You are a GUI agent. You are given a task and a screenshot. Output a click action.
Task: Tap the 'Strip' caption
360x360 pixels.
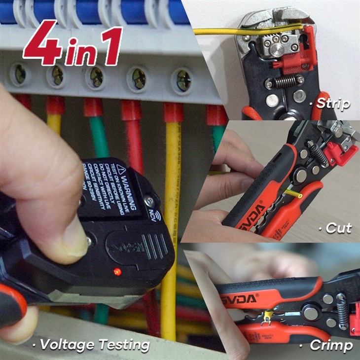pyautogui.click(x=332, y=104)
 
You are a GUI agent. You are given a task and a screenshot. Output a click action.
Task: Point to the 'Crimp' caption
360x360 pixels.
pyautogui.click(x=330, y=345)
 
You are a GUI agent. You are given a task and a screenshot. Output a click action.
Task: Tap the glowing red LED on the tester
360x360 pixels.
pyautogui.click(x=117, y=271)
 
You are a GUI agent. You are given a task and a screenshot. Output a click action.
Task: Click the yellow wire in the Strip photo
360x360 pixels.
pyautogui.click(x=217, y=32)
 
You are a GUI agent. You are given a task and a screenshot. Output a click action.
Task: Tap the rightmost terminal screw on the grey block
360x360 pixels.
pyautogui.click(x=183, y=80)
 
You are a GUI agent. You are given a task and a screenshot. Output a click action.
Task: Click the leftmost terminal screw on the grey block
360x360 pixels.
pyautogui.click(x=20, y=74)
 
